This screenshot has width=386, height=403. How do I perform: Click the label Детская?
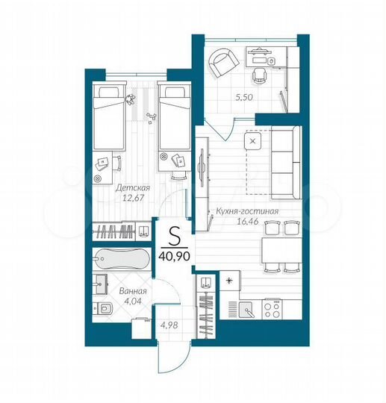tap(134, 188)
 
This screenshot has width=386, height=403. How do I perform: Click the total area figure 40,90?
tap(174, 254)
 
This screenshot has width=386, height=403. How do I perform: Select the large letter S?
tap(174, 237)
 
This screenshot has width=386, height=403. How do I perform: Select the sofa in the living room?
tap(285, 163)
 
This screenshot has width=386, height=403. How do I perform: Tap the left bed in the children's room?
tap(109, 116)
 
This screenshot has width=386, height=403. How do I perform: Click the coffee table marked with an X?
tap(252, 140)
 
